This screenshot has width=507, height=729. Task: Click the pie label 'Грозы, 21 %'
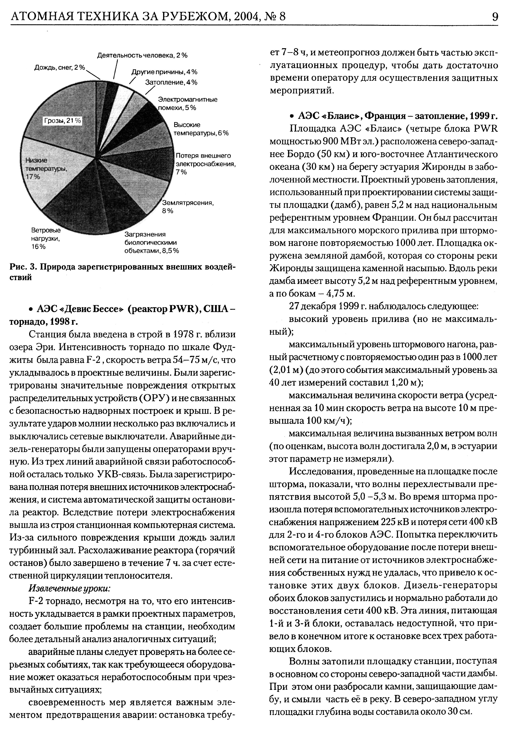63,121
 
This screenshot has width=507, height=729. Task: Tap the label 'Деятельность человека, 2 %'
142,55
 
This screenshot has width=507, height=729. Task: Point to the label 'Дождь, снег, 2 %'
60,68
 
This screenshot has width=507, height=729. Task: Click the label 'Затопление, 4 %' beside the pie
171,82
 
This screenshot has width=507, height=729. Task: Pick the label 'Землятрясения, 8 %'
188,207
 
